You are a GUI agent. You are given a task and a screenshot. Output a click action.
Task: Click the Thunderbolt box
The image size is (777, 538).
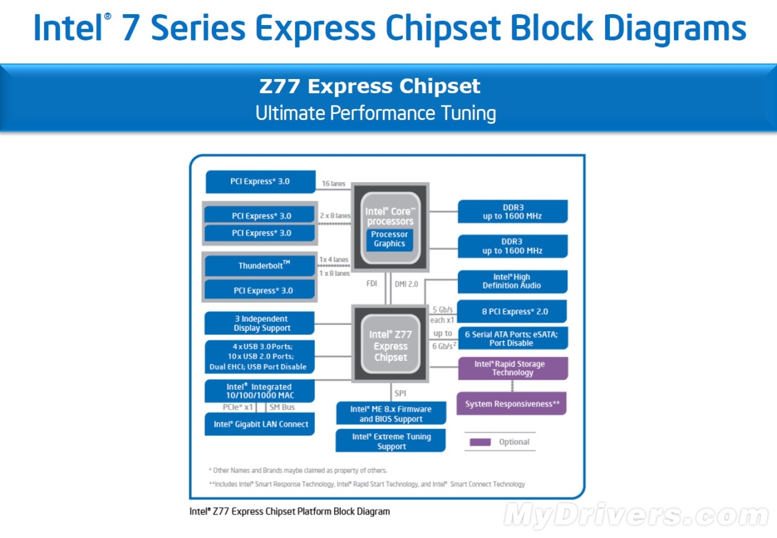click(260, 266)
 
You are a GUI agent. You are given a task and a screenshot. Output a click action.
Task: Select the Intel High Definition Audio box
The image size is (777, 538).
click(512, 281)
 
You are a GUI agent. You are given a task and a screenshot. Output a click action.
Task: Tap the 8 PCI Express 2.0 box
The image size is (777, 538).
click(512, 311)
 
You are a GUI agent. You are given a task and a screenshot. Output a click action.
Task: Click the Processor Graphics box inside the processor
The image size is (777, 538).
click(389, 239)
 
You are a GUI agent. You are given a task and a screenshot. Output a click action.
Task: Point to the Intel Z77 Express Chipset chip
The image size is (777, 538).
click(390, 346)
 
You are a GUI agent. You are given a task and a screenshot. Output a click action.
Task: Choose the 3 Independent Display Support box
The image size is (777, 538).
click(260, 324)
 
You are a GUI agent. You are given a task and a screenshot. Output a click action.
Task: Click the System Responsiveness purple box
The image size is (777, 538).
click(512, 404)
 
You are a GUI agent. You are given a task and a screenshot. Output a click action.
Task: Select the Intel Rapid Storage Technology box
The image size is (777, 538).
click(513, 368)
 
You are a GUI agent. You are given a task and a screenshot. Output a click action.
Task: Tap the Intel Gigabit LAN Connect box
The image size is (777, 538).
click(260, 424)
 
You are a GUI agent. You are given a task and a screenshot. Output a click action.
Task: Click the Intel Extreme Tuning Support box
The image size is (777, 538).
click(391, 441)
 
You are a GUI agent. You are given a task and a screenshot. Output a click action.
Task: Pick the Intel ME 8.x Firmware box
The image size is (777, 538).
click(391, 414)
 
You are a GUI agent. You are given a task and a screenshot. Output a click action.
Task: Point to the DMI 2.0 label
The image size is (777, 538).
click(406, 284)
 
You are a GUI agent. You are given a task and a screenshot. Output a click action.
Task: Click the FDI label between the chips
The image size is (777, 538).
click(372, 284)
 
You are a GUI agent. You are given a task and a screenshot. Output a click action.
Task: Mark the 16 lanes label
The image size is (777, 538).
click(334, 183)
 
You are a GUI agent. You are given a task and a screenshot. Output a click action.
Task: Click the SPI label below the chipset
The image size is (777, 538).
click(400, 393)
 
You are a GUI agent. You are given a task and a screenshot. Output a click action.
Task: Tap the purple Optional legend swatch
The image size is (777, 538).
click(480, 442)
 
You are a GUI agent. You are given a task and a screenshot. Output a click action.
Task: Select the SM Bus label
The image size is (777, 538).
click(282, 407)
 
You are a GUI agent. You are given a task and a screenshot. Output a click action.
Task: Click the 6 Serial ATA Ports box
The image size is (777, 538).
click(512, 338)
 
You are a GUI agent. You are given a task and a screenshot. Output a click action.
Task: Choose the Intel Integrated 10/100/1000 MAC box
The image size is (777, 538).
click(260, 391)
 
